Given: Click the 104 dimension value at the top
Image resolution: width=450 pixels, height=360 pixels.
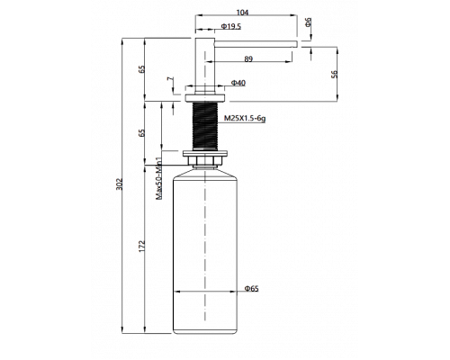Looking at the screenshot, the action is [242, 13].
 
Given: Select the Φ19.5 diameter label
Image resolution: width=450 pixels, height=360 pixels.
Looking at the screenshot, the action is [231, 27].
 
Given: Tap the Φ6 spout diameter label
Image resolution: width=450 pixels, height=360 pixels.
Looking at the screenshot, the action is [308, 22].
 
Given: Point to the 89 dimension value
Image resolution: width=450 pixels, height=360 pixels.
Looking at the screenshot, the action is [248, 59].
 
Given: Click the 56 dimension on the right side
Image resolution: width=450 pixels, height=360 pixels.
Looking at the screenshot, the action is [334, 74].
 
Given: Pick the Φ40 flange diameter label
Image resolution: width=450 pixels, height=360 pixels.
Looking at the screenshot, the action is [238, 83].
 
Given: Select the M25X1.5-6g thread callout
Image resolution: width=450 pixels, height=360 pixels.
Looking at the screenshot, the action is [245, 119].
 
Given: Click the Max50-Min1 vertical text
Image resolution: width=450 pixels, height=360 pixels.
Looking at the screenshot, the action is [158, 178].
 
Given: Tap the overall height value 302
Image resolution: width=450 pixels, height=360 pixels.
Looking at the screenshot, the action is [120, 184].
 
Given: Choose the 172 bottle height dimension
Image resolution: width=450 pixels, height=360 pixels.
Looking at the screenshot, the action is [142, 246].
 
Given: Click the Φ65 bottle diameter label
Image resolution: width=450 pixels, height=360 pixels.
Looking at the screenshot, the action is [251, 289].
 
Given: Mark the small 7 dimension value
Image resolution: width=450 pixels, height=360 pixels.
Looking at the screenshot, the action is [170, 79].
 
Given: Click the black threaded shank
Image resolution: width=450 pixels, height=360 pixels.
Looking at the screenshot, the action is [205, 126].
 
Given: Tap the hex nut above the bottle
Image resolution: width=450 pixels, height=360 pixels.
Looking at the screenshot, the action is [205, 160].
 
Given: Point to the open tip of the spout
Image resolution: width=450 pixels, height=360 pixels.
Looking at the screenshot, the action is [297, 44].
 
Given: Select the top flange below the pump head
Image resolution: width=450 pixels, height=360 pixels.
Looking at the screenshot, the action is [205, 98].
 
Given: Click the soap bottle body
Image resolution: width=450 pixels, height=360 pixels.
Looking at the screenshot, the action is [205, 252].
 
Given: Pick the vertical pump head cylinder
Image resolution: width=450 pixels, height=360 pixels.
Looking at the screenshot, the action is [205, 66].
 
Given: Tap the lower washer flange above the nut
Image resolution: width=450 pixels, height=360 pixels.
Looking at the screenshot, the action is [205, 153].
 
